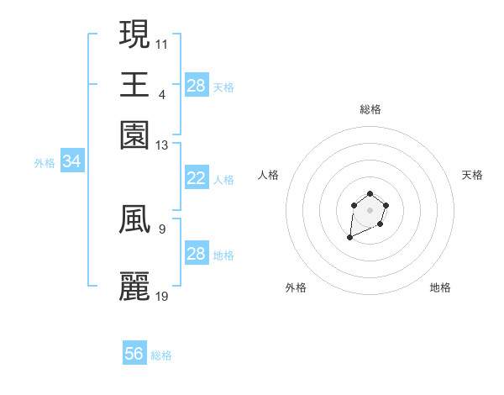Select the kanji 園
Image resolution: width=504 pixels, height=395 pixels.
coord(134,134)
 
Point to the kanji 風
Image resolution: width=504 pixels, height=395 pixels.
coord(134,220)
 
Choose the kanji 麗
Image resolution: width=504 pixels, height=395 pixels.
coord(134,287)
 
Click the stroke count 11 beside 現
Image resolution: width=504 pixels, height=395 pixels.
coord(162,42)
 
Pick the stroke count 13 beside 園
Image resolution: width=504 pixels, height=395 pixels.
coord(162,145)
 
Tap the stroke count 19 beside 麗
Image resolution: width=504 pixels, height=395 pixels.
coord(162,296)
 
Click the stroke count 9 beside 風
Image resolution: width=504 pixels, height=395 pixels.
coord(161,228)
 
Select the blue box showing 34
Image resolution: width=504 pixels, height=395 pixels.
coord(71,162)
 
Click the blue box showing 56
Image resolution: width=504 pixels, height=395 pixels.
coord(134,354)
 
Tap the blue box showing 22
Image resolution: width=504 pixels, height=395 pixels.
coord(196,178)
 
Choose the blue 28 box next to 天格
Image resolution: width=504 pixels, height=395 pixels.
coord(196,86)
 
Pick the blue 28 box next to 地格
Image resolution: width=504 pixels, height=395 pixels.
coord(196,254)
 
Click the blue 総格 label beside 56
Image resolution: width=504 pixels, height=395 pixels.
coord(162,355)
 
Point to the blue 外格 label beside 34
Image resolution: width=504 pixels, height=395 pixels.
coord(45,163)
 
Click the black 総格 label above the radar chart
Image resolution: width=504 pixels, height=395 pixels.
coord(370,109)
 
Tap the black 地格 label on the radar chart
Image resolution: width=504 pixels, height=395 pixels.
coord(440,287)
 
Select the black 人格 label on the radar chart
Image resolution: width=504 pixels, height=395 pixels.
coord(269,175)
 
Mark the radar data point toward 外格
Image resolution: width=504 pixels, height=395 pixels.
coord(349,239)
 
